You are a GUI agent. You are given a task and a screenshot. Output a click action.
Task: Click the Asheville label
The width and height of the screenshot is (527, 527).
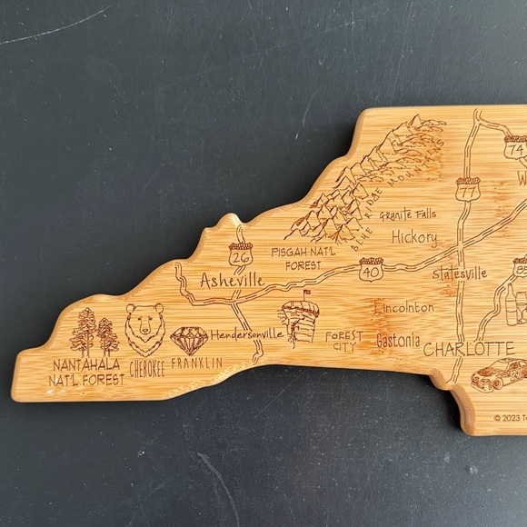(x=231, y=280)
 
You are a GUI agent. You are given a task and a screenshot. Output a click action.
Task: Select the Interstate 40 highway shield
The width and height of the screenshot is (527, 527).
(x=371, y=269)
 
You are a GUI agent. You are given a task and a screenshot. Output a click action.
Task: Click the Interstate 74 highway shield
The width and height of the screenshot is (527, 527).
(x=516, y=146)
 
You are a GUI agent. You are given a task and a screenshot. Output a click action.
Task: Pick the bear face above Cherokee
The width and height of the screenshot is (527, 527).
(x=145, y=329)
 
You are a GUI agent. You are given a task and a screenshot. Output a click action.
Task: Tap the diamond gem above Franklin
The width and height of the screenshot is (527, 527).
(x=189, y=341)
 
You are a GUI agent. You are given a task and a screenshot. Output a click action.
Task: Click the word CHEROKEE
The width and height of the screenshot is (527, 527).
(x=147, y=369)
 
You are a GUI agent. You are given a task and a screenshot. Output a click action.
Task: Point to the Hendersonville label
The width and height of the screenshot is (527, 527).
(x=247, y=334)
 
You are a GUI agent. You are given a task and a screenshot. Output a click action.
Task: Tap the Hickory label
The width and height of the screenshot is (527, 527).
(x=414, y=239)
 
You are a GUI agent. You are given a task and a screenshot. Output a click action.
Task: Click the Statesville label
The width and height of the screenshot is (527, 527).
(x=460, y=273)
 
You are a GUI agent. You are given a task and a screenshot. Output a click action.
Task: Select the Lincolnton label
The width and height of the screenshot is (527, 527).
(x=403, y=307)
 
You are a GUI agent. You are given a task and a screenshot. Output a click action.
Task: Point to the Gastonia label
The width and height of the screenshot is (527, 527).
(x=398, y=342)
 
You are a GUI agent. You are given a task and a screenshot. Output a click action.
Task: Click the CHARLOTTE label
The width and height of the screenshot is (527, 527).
(x=469, y=349)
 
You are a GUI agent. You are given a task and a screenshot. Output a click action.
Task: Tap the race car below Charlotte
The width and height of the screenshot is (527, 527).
(x=498, y=373)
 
